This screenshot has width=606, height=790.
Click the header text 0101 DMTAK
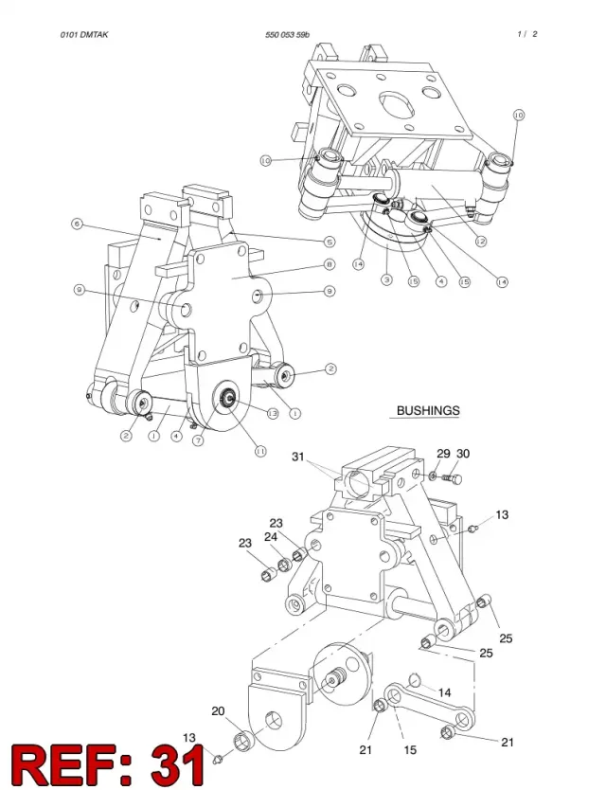point(84,35)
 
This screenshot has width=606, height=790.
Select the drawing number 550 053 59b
point(287,35)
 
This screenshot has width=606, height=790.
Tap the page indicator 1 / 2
point(526,34)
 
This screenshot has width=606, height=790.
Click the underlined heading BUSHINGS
point(428,410)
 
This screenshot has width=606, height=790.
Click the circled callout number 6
point(77,224)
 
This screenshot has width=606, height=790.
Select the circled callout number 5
point(329,242)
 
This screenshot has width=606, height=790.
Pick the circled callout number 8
point(329,264)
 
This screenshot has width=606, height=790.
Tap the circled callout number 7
point(199,440)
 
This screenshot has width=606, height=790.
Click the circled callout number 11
point(260,452)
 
